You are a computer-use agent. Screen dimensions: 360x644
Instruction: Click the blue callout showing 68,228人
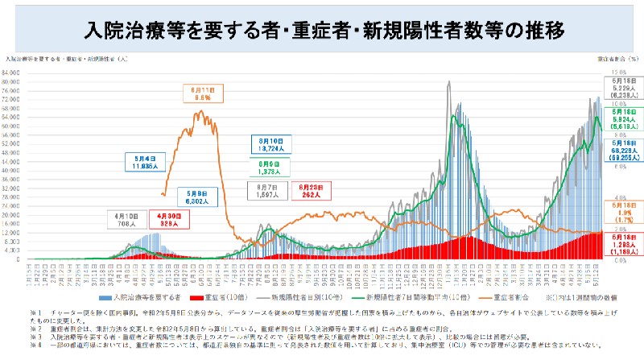620,154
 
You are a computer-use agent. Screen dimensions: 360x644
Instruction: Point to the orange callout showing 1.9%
620,211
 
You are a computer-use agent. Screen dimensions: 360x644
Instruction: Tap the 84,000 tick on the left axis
14,73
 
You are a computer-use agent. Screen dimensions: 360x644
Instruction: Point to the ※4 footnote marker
35,344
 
